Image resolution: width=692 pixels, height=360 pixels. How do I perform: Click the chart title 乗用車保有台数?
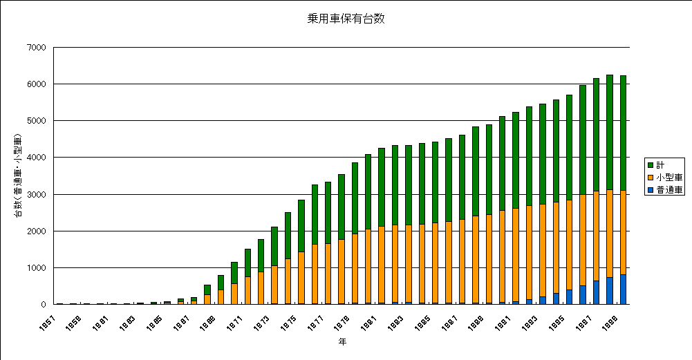346,19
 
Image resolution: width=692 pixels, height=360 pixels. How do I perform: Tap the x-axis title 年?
342,341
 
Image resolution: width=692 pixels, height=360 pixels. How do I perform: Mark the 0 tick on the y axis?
43,304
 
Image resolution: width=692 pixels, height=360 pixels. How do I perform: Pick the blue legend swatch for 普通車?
651,189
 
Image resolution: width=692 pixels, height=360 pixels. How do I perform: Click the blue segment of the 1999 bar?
623,290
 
